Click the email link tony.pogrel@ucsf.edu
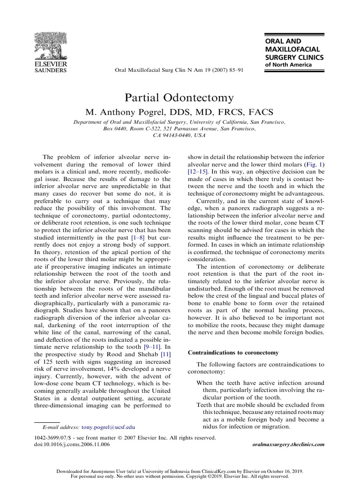click(x=108, y=427)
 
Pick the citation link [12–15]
click(x=198, y=172)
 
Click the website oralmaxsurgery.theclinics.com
click(x=288, y=444)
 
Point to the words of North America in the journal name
click(x=288, y=65)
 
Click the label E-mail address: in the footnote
click(x=61, y=427)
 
